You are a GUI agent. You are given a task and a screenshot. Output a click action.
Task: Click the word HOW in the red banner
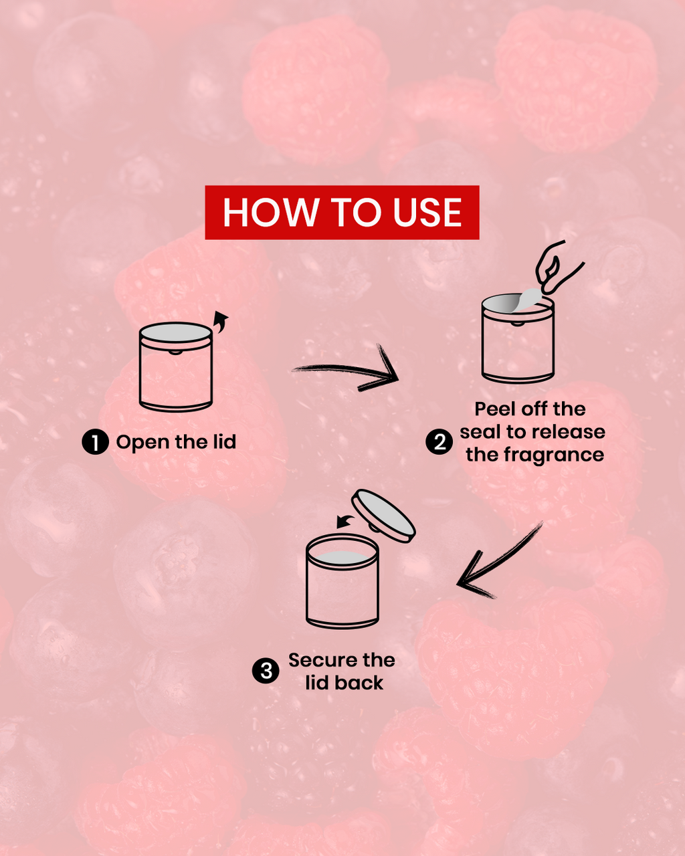(x=271, y=213)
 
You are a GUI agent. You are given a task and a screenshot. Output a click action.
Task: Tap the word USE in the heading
(x=427, y=213)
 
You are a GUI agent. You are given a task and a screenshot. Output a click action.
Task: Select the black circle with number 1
(x=95, y=442)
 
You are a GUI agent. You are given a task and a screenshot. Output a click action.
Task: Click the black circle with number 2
(x=439, y=442)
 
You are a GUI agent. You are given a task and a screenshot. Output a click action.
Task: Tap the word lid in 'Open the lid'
(x=225, y=441)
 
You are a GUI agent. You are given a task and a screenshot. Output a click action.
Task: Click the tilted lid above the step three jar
(x=384, y=516)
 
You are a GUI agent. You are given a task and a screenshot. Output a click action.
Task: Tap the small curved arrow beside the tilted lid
(x=345, y=522)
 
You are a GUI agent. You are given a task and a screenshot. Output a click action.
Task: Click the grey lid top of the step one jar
(x=175, y=332)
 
